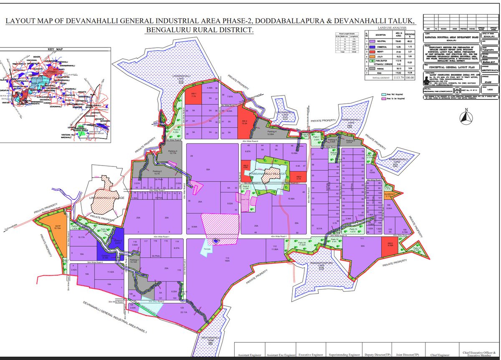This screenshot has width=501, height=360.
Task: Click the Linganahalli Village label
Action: coord(107,197)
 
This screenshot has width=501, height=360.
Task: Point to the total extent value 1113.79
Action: coord(397,78)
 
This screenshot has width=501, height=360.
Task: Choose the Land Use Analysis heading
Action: coord(388,28)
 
